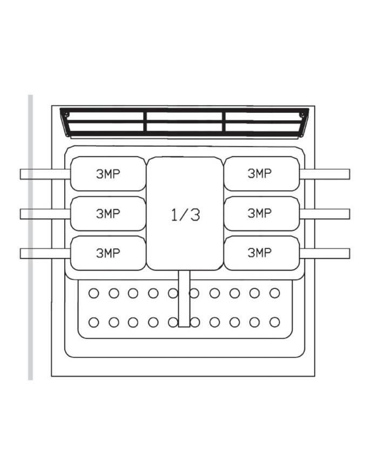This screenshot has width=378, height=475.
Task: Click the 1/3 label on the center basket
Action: click(185, 214)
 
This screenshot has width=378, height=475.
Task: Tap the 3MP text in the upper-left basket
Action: click(108, 174)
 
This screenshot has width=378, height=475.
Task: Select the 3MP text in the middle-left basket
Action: click(108, 213)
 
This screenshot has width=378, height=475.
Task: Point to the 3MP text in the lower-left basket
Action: click(108, 253)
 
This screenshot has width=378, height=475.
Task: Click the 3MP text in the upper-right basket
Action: click(259, 173)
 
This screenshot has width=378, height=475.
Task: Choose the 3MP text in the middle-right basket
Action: click(259, 213)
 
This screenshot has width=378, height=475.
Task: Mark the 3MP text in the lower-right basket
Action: click(259, 253)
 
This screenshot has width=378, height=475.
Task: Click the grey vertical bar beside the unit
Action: click(31, 237)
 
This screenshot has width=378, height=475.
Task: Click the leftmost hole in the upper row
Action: click(93, 293)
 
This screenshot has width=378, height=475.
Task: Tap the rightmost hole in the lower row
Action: click(275, 322)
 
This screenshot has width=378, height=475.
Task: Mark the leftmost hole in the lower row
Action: click(93, 322)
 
